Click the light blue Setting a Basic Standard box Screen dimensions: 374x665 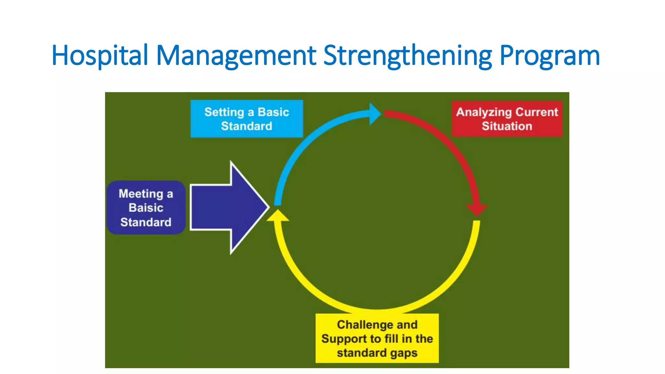(246, 119)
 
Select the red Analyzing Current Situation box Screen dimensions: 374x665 (507, 119)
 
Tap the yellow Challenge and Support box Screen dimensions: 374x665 (377, 338)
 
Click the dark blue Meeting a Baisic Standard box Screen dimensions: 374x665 (146, 208)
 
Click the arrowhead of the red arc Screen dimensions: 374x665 (477, 209)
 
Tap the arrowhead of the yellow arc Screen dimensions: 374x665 (278, 216)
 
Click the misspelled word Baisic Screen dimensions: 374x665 (146, 208)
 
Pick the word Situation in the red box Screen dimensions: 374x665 (507, 126)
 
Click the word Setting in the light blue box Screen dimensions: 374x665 (224, 112)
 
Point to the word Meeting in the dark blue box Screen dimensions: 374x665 (141, 194)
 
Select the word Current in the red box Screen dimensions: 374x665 (536, 112)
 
